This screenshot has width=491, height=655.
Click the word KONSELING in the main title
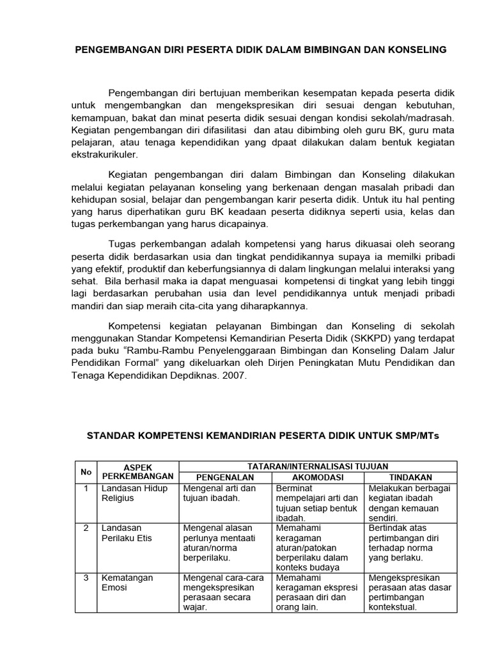412,49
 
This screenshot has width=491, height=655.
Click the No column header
85,472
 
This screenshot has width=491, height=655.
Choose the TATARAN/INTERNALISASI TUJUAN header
318,467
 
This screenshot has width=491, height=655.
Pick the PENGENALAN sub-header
225,477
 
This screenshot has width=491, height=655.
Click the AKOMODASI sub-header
318,477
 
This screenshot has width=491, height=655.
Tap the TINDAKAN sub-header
410,477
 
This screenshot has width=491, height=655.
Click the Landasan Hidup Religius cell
134,493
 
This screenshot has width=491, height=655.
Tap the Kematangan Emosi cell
127,583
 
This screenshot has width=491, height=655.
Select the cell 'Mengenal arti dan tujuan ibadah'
219,493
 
